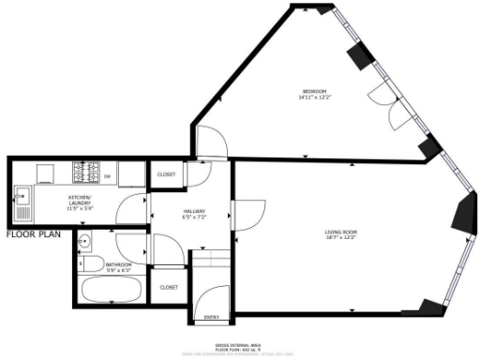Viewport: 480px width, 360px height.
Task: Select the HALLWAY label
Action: click(194, 212)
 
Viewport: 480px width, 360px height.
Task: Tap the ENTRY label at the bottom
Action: click(213, 318)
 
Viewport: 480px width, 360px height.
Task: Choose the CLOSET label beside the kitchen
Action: click(167, 174)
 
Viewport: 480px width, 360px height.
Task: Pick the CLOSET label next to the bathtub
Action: click(170, 287)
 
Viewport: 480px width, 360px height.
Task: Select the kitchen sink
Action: click(22, 197)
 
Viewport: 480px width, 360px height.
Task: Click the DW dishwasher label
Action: click(107, 177)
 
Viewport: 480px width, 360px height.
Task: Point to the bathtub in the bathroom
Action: click(111, 289)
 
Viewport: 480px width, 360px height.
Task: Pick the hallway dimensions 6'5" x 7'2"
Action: click(194, 218)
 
